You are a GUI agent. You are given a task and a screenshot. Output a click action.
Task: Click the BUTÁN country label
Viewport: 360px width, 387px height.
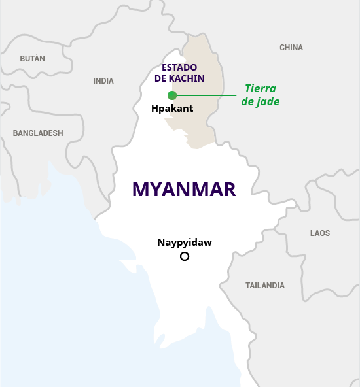coord(33,59)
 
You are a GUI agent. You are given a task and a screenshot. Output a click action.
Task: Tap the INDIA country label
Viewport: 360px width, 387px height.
coord(103,81)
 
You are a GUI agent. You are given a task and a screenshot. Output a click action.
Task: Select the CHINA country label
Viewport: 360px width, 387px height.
coord(291,48)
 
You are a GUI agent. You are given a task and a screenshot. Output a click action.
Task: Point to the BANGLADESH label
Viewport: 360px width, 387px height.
coord(38,133)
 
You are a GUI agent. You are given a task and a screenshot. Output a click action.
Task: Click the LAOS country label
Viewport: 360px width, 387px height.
coord(320,233)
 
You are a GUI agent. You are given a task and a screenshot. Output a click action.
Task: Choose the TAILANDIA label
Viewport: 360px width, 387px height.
coord(265,286)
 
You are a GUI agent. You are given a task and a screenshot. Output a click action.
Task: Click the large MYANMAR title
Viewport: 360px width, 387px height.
coord(184,190)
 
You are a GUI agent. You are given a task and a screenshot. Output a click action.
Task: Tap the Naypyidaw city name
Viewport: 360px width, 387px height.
coord(185,243)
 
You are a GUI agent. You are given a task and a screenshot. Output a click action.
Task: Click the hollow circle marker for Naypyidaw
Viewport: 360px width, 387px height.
coord(185,256)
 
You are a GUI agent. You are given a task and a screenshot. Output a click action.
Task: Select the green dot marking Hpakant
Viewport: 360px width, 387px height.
coord(172,95)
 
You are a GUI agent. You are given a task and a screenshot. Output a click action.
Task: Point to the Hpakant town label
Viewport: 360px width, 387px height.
coord(172,109)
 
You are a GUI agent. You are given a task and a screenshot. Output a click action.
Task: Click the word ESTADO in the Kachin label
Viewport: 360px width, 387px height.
coord(179,67)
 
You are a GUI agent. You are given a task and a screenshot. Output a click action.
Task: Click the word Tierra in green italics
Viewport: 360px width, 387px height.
coord(261,89)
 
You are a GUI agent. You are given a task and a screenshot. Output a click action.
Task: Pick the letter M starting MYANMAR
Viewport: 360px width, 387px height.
coord(140,190)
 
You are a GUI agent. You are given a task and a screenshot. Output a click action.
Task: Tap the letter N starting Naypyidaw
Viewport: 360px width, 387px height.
coord(161,243)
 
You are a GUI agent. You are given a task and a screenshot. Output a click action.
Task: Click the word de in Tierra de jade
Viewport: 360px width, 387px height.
coord(248,102)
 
